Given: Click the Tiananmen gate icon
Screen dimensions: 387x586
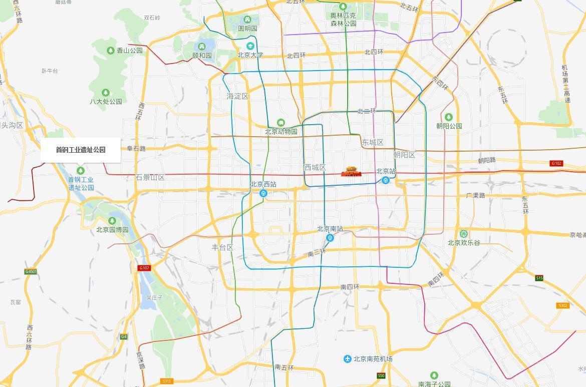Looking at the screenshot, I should [x=351, y=172].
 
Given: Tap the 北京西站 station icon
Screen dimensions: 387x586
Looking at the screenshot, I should [x=263, y=193].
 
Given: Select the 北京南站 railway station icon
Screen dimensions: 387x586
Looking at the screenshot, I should [x=330, y=238].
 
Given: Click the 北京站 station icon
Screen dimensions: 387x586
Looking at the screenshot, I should [x=386, y=180].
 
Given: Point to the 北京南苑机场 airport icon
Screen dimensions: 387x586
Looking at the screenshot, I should [x=348, y=359].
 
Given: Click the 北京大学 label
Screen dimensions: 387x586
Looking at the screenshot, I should [x=250, y=55].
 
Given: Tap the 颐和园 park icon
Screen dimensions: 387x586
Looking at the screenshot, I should [x=202, y=47].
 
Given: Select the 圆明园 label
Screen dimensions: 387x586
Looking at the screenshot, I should [x=247, y=29].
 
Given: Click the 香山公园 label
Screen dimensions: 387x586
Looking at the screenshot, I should [x=130, y=51].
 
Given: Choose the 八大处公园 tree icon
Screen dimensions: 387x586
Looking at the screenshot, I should [x=106, y=93].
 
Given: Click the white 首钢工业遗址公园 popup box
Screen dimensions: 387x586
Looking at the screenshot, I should [x=81, y=150].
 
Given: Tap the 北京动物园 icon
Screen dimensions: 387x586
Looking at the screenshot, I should [x=281, y=123].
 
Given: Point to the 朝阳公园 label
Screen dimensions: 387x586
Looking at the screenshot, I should [x=449, y=126].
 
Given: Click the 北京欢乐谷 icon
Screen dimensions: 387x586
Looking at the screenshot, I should [x=464, y=234].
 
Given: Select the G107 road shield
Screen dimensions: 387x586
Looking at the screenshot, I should [x=144, y=268].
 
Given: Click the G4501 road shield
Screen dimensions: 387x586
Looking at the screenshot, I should [x=31, y=272].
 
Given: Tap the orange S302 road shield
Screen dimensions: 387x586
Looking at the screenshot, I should [x=563, y=305].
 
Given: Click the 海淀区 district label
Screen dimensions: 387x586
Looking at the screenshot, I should [x=237, y=96].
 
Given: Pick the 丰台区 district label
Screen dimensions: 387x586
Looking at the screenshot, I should [x=222, y=247].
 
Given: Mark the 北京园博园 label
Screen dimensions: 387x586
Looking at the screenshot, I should [x=113, y=230].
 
